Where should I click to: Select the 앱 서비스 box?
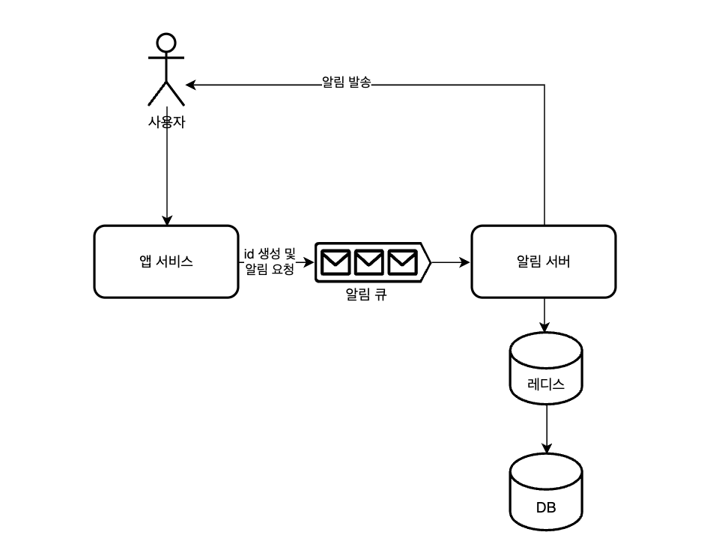click(x=166, y=262)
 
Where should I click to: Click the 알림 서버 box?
click(x=544, y=262)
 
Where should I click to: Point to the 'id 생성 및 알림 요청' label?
click(x=270, y=262)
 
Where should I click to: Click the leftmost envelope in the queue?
click(x=334, y=262)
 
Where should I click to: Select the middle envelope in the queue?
click(x=368, y=262)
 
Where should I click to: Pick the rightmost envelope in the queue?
click(x=401, y=262)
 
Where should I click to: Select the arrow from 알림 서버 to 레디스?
click(x=544, y=315)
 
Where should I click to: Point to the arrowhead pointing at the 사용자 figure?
click(x=191, y=85)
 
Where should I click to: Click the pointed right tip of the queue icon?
click(x=430, y=262)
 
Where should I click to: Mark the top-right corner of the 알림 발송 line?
click(x=544, y=85)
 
